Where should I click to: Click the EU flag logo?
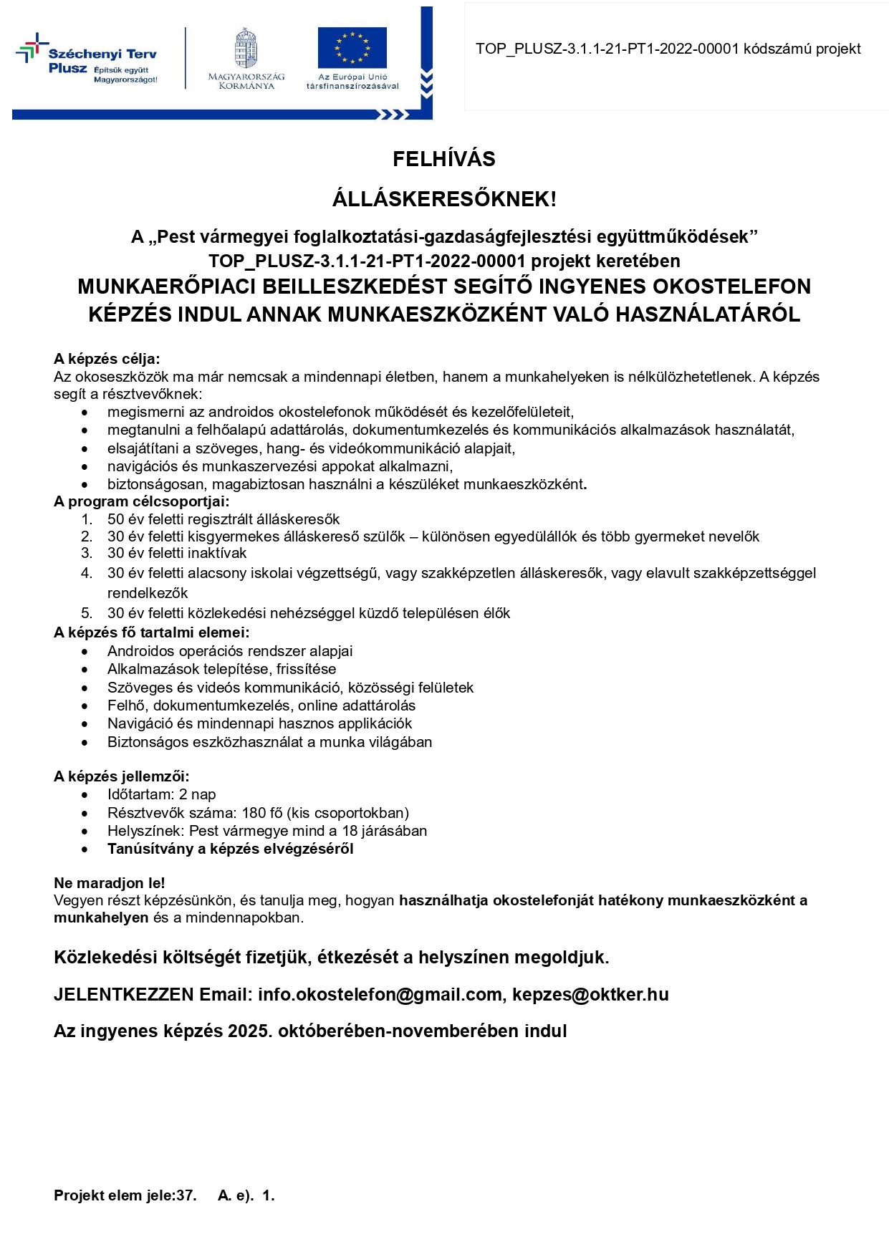(352, 47)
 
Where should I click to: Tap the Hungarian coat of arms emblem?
(246, 49)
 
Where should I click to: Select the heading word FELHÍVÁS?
(444, 159)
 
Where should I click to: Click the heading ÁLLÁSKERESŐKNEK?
(444, 199)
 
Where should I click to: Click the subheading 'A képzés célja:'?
(107, 359)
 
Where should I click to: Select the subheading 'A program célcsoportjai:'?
(142, 501)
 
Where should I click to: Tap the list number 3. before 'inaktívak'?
(87, 553)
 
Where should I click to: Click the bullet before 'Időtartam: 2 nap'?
(85, 795)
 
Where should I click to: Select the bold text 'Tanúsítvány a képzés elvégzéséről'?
(231, 849)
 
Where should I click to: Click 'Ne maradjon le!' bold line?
(110, 883)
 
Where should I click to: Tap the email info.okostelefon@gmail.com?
(380, 995)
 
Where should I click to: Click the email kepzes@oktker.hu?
(590, 995)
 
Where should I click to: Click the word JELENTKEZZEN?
(124, 995)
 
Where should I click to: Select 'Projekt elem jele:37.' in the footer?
(125, 1195)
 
